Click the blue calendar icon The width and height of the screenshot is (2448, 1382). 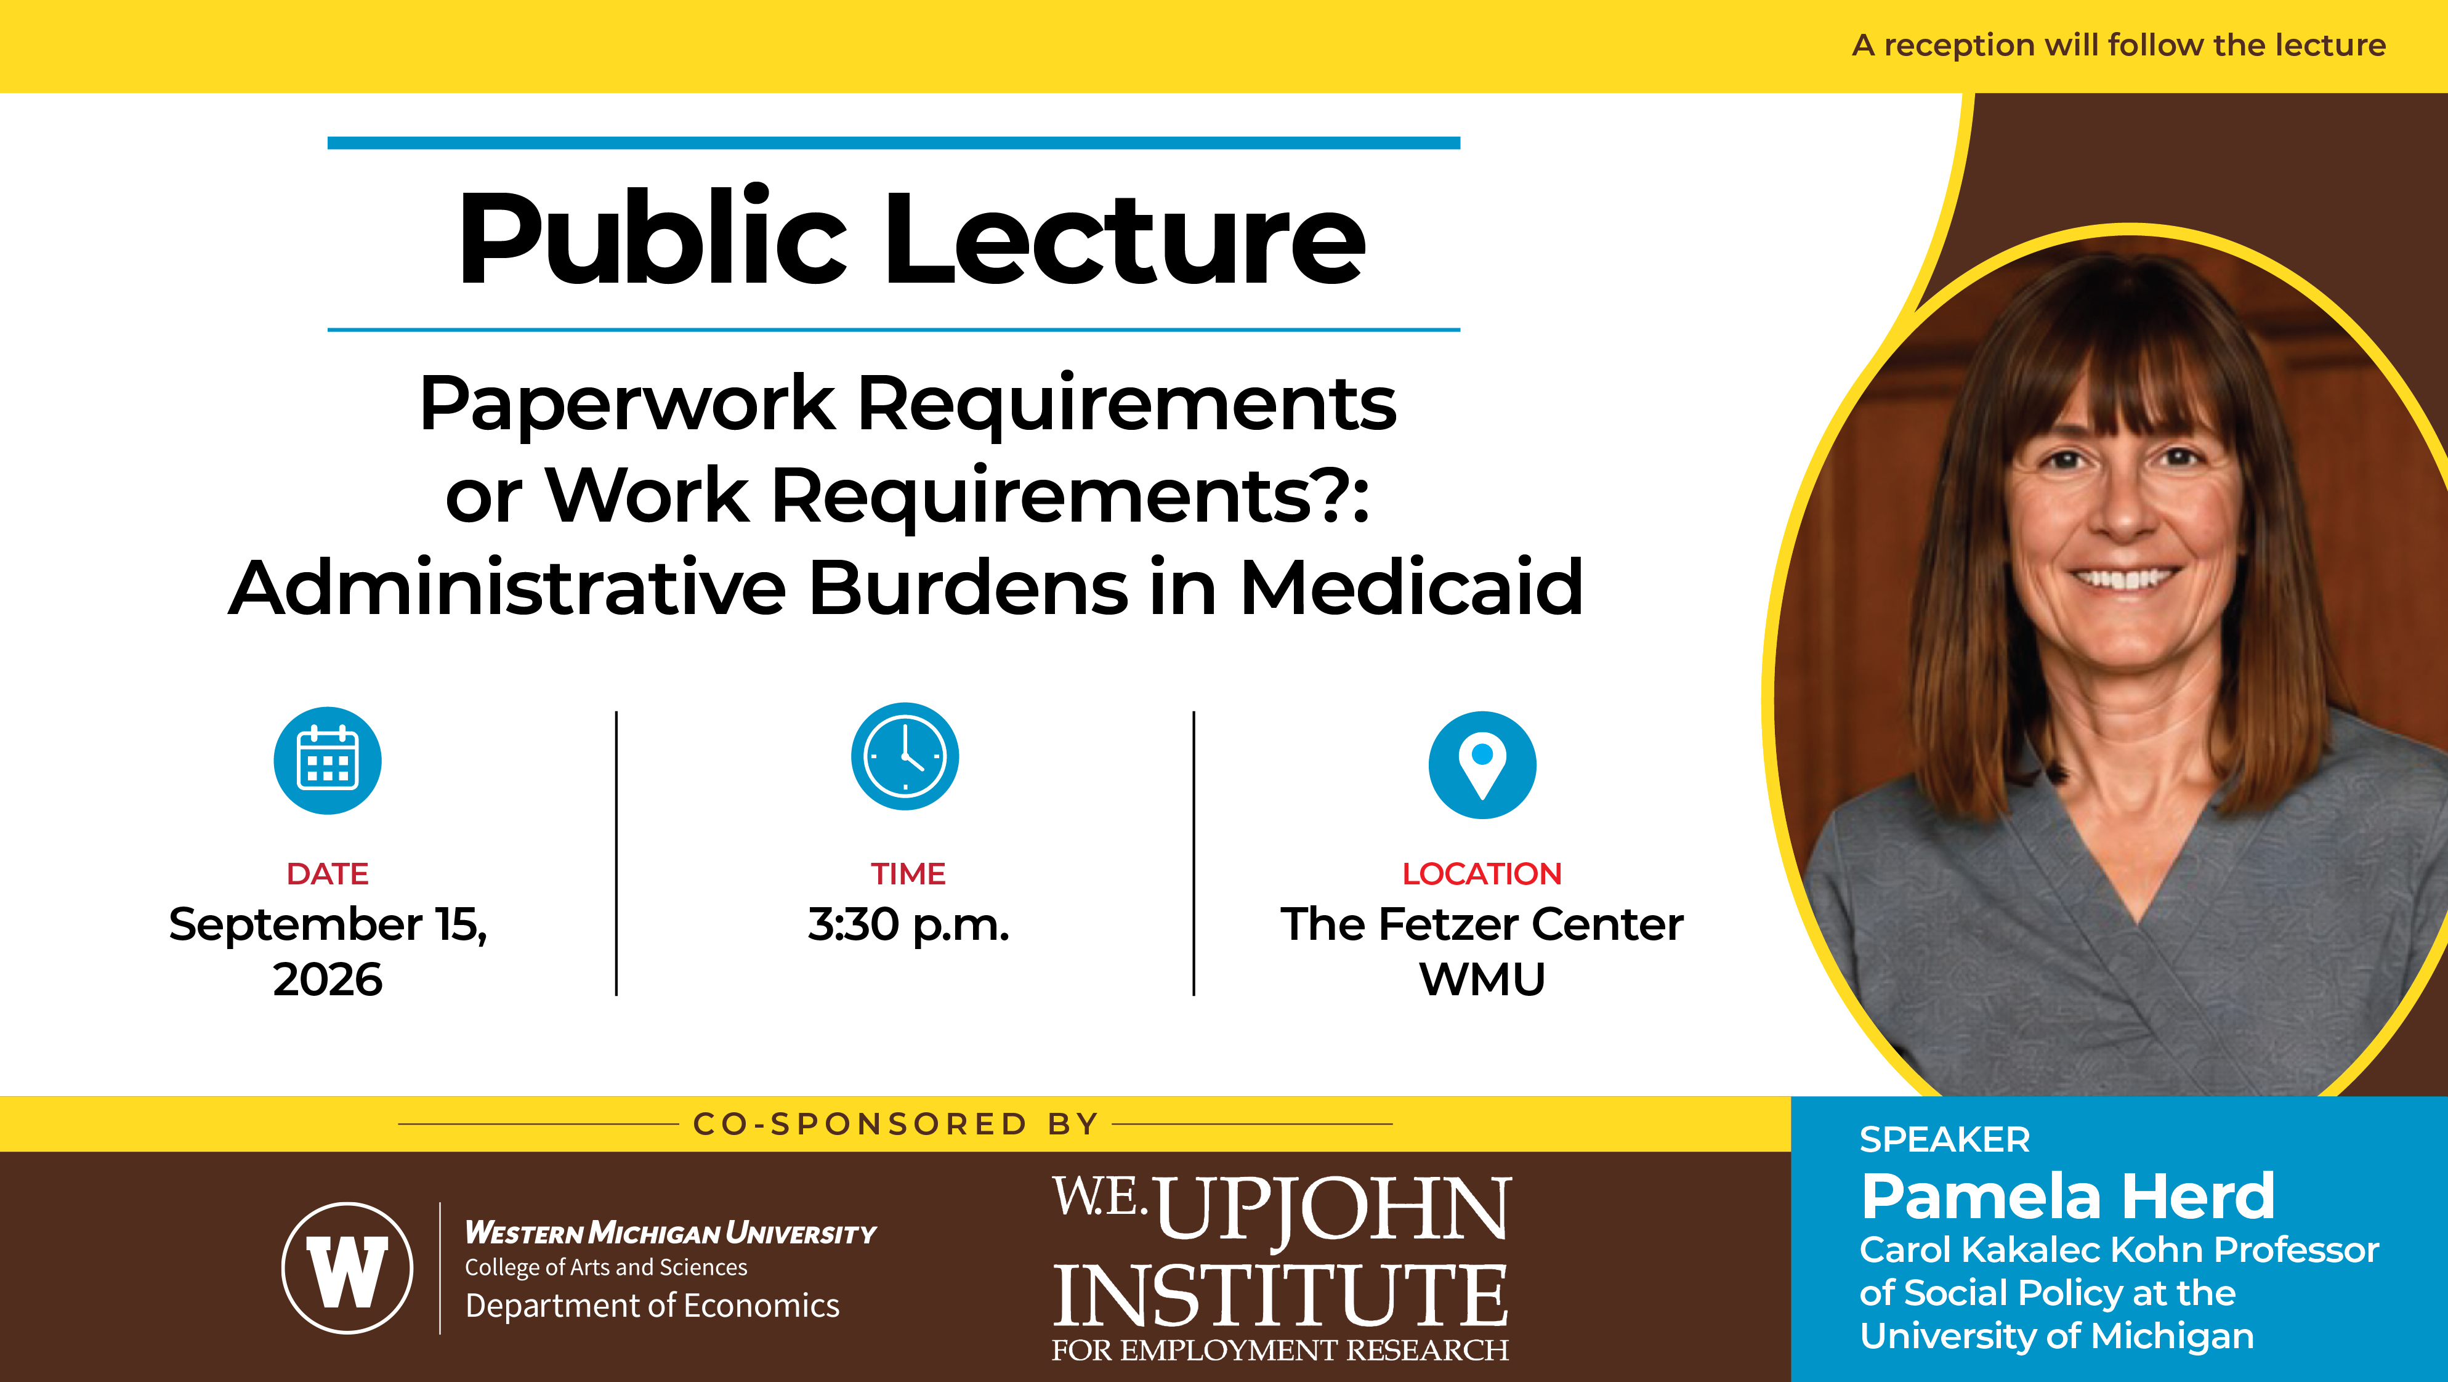point(328,761)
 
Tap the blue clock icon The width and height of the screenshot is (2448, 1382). point(905,756)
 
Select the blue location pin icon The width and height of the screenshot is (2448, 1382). point(1482,765)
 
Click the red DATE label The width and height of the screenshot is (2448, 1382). point(328,873)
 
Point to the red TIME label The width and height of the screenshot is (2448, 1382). point(908,873)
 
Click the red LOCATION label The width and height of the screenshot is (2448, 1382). point(1482,873)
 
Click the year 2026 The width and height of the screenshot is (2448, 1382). point(328,980)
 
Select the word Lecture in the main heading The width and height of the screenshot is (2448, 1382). point(1126,238)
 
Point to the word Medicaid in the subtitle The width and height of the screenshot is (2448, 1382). point(1412,588)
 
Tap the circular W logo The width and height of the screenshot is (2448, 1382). point(348,1268)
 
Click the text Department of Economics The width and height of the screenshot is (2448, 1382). point(652,1306)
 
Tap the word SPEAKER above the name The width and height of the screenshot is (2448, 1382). point(1944,1139)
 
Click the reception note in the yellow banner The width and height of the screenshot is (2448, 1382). point(2119,45)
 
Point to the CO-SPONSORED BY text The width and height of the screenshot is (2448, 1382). point(896,1125)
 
